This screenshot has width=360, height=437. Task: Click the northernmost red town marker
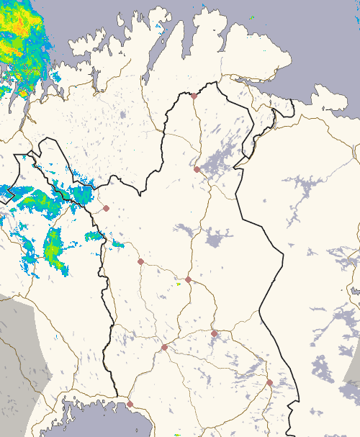(194, 95)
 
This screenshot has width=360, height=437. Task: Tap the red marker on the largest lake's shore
(197, 169)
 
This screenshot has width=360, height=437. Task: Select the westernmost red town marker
(106, 208)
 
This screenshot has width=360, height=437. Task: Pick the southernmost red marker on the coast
(130, 404)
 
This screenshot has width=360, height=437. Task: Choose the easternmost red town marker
(269, 382)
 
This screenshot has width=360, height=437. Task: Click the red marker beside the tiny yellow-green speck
(188, 279)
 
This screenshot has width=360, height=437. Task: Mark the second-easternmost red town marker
(214, 333)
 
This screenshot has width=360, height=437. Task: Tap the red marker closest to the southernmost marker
(164, 347)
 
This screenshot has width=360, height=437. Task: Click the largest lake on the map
(220, 163)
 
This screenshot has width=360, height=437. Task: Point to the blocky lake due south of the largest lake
(215, 239)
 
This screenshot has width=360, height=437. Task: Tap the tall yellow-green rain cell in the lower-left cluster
(53, 246)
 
